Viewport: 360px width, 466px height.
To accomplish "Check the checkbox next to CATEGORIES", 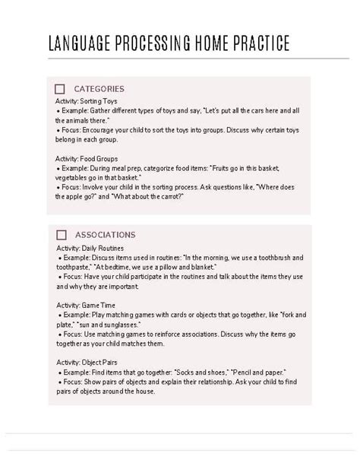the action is point(61,89).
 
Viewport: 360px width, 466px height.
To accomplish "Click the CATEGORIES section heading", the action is point(99,89).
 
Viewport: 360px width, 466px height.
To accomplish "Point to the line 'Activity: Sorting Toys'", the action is point(87,100).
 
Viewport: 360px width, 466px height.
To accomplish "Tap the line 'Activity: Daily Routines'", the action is point(90,247).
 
